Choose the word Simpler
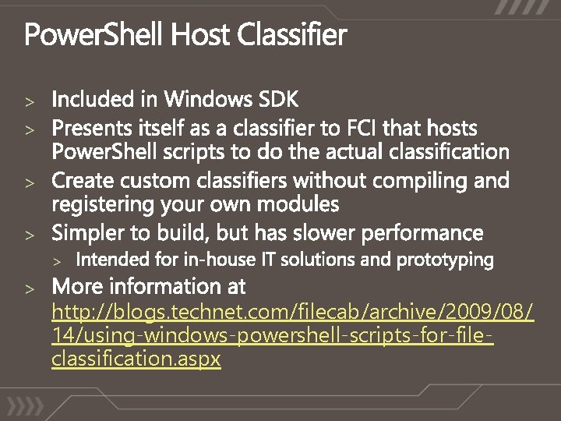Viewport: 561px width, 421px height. (x=88, y=232)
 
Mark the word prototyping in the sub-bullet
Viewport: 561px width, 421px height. (x=445, y=260)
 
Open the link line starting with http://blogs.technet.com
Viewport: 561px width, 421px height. (x=292, y=313)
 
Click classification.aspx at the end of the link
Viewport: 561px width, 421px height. (x=136, y=359)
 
